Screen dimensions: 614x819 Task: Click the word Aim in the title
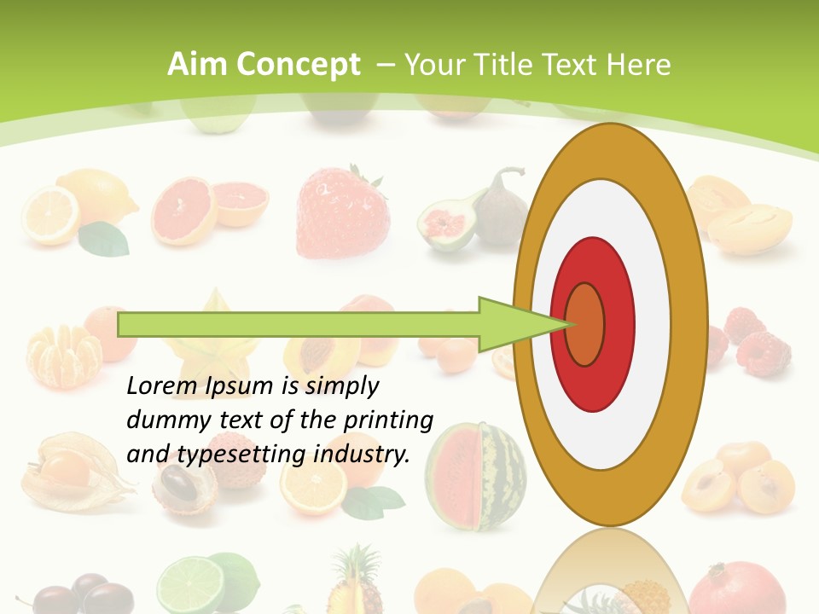[x=197, y=65]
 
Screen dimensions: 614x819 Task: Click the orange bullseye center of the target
[x=585, y=324]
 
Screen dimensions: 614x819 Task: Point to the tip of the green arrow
[x=570, y=324]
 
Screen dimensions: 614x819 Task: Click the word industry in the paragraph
[x=361, y=455]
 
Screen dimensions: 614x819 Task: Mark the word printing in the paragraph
[x=387, y=420]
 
